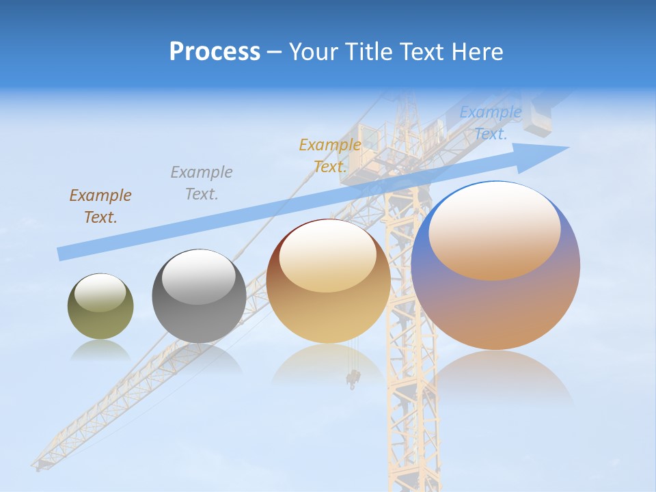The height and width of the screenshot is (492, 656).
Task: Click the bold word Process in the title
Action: pyautogui.click(x=215, y=52)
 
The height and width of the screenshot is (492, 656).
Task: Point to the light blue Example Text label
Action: pyautogui.click(x=491, y=123)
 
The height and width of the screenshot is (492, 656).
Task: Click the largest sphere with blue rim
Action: pyautogui.click(x=495, y=301)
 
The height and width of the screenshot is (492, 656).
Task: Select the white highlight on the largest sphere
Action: pyautogui.click(x=494, y=229)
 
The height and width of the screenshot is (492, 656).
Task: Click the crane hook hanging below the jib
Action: pyautogui.click(x=353, y=378)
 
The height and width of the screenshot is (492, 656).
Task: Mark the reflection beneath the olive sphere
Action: pyautogui.click(x=100, y=351)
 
